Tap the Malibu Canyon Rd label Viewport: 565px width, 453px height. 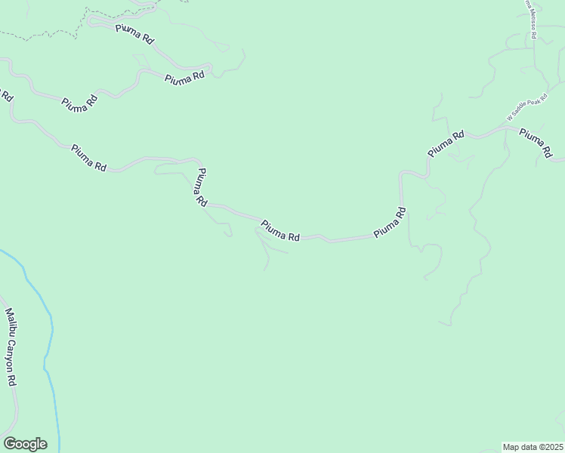[x=11, y=347]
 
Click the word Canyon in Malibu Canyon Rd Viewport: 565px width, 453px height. [x=11, y=353]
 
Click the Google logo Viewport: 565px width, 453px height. [x=25, y=444]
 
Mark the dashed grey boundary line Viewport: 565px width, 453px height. [x=45, y=33]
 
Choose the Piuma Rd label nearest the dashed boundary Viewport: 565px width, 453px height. [x=134, y=34]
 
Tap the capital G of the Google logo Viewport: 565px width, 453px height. [x=9, y=443]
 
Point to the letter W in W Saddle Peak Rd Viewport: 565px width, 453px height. [x=510, y=119]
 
